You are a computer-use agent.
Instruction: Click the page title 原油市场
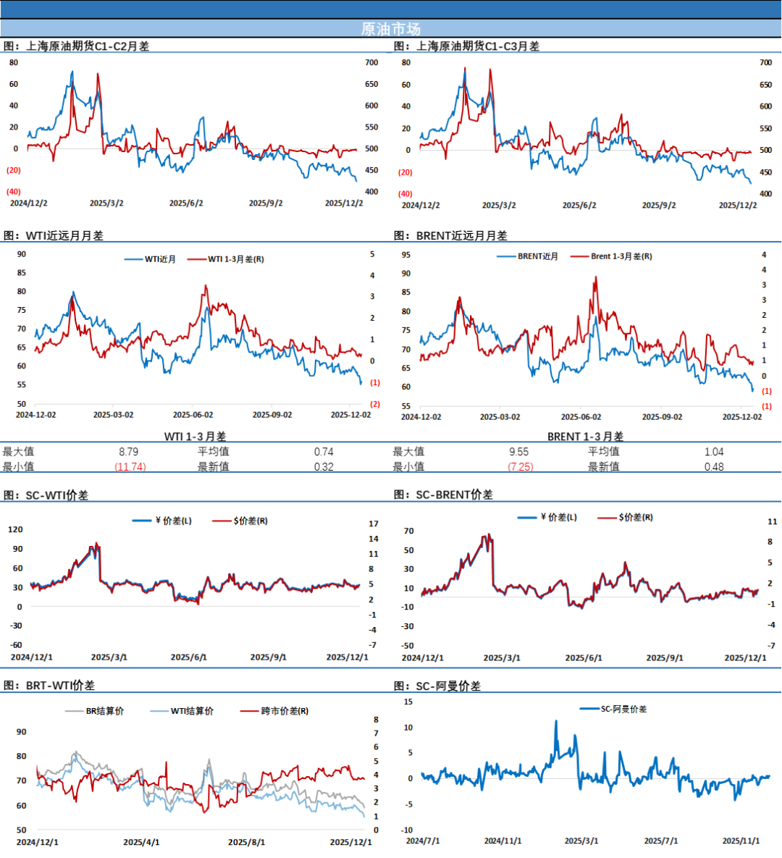click(x=390, y=29)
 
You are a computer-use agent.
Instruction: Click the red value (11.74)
click(x=130, y=467)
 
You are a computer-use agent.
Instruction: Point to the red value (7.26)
click(x=521, y=467)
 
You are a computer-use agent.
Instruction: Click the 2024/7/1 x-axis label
click(x=422, y=841)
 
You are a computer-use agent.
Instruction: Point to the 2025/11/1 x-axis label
click(x=741, y=841)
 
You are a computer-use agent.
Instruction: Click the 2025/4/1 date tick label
click(x=141, y=842)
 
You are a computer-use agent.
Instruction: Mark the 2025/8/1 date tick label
click(x=246, y=842)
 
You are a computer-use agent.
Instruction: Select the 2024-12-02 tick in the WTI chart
click(x=36, y=415)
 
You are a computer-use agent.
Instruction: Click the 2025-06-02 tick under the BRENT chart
click(x=581, y=417)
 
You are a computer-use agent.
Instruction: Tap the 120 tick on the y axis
click(x=15, y=529)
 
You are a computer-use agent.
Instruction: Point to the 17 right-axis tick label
click(x=374, y=523)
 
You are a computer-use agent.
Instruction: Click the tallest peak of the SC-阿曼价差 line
click(x=556, y=721)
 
